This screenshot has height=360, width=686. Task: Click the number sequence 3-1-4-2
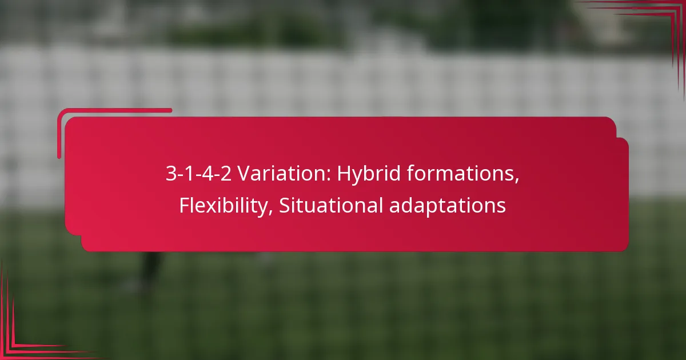tap(199, 174)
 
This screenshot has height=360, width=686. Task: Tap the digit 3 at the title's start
tap(171, 174)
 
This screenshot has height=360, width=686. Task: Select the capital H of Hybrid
tap(342, 174)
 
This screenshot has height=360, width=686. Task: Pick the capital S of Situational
tap(284, 205)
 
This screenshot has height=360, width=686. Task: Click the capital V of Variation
tap(244, 174)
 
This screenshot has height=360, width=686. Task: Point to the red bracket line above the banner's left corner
tap(114, 110)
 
